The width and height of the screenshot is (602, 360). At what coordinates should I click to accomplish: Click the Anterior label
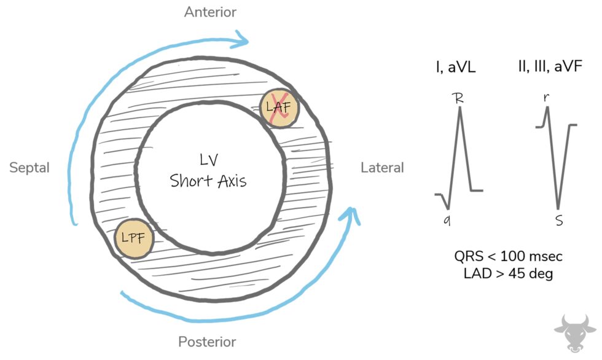coord(210,12)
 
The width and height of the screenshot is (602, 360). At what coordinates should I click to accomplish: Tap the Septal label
coord(29,168)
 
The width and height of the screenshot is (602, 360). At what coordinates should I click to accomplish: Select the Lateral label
coord(382,168)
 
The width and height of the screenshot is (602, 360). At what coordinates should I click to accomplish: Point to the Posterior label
coord(206,342)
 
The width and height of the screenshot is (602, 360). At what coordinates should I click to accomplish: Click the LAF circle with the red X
coord(279,109)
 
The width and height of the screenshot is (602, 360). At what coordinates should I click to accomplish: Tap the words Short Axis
coord(209,181)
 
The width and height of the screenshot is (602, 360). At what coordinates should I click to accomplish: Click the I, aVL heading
coord(457,66)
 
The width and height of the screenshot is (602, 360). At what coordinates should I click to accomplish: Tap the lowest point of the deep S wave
coord(558,208)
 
